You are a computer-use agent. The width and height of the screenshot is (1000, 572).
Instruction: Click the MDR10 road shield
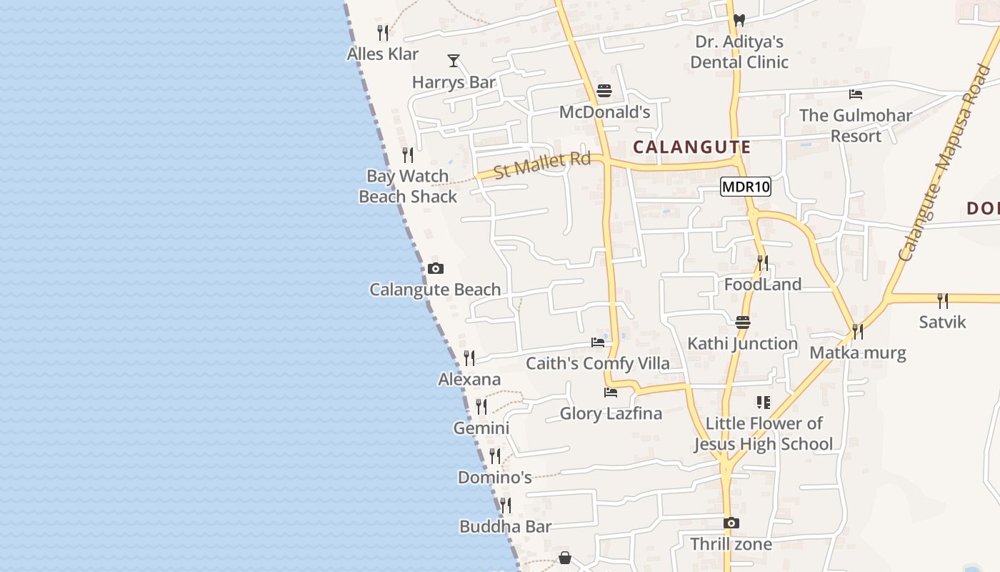tap(746, 187)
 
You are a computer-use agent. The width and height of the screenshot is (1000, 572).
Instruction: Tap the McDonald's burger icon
tap(604, 91)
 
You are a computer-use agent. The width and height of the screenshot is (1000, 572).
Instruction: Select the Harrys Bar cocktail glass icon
tap(453, 61)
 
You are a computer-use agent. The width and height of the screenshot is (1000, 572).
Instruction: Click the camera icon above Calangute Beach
tap(436, 269)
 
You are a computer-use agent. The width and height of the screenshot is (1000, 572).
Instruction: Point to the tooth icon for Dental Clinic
tap(739, 20)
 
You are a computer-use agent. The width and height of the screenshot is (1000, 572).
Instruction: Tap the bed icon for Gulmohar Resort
tap(856, 94)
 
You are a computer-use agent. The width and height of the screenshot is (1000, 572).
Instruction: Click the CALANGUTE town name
tap(691, 147)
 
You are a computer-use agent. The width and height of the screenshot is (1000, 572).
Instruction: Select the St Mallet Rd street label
tap(543, 164)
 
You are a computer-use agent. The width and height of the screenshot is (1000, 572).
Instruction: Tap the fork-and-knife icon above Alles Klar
tap(383, 32)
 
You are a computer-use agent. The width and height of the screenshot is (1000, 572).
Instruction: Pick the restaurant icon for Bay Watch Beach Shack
tap(408, 154)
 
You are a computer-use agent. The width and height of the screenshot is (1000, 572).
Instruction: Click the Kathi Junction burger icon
tap(743, 322)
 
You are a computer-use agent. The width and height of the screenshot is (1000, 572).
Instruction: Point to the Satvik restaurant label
tap(942, 322)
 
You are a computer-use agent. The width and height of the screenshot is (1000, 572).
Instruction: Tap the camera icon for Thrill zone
tap(731, 523)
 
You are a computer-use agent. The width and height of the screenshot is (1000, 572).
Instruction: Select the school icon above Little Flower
tap(764, 403)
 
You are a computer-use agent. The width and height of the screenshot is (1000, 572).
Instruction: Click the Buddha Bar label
tap(505, 527)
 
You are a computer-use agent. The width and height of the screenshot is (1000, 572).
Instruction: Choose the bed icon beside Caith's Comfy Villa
tap(598, 342)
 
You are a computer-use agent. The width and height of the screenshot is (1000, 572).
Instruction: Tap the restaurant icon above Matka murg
tap(857, 332)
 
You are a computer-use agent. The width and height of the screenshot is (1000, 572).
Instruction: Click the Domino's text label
tap(494, 477)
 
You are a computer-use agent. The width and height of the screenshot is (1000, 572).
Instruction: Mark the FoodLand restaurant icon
tap(763, 263)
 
